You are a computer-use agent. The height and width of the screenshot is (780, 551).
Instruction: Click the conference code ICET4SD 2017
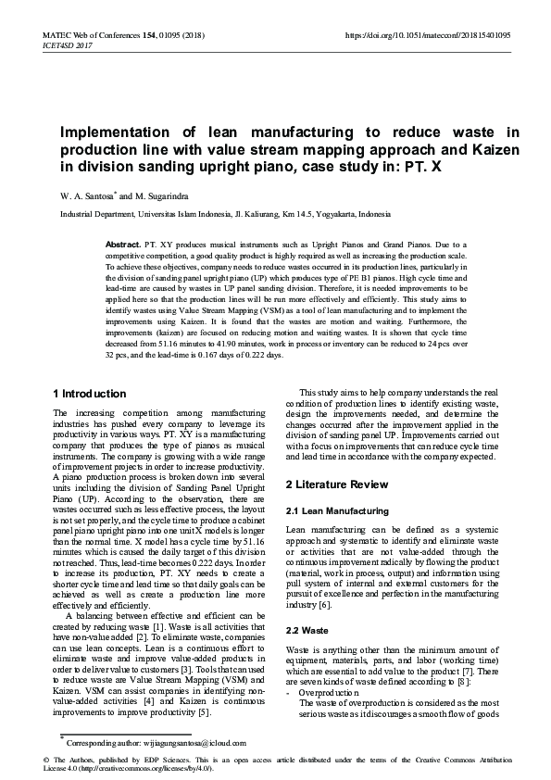click(67, 44)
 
